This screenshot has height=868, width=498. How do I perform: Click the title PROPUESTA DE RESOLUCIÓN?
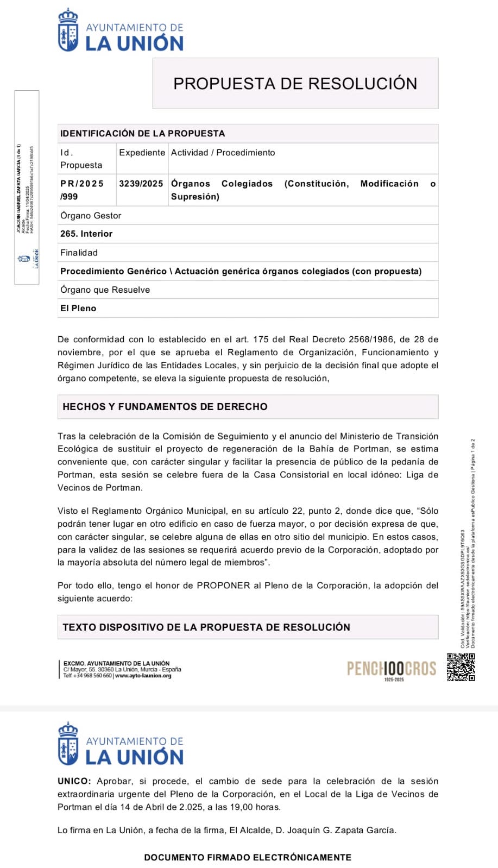pyautogui.click(x=295, y=84)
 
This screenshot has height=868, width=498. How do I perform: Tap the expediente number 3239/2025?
pyautogui.click(x=141, y=184)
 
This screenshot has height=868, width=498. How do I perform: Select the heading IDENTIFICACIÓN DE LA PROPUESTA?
pyautogui.click(x=142, y=134)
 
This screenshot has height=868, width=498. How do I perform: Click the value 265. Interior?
pyautogui.click(x=86, y=234)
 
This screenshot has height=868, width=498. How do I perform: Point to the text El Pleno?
pyautogui.click(x=78, y=308)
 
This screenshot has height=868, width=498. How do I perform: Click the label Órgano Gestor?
pyautogui.click(x=91, y=216)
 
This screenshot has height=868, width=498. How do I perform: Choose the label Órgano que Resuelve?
pyautogui.click(x=105, y=290)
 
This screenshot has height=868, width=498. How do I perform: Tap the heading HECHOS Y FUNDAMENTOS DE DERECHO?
pyautogui.click(x=165, y=406)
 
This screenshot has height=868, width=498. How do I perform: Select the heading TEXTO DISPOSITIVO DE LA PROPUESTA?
pyautogui.click(x=206, y=627)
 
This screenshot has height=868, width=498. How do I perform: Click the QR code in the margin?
pyautogui.click(x=461, y=667)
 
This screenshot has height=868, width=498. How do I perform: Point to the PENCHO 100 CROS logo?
pyautogui.click(x=392, y=669)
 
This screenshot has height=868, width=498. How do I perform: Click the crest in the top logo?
pyautogui.click(x=68, y=30)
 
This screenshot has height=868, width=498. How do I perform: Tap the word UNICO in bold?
pyautogui.click(x=74, y=781)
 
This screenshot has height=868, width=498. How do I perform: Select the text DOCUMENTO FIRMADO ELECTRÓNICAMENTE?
pyautogui.click(x=248, y=857)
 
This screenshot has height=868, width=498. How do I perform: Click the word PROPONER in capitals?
pyautogui.click(x=223, y=586)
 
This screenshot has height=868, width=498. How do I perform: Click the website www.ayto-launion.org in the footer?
pyautogui.click(x=143, y=676)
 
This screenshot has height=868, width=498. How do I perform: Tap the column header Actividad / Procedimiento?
pyautogui.click(x=223, y=153)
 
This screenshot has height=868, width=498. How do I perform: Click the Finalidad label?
pyautogui.click(x=79, y=253)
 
